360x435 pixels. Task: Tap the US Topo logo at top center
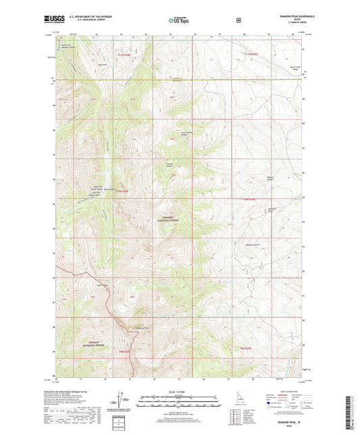click(180, 20)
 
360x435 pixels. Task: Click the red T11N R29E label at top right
click(251, 53)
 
